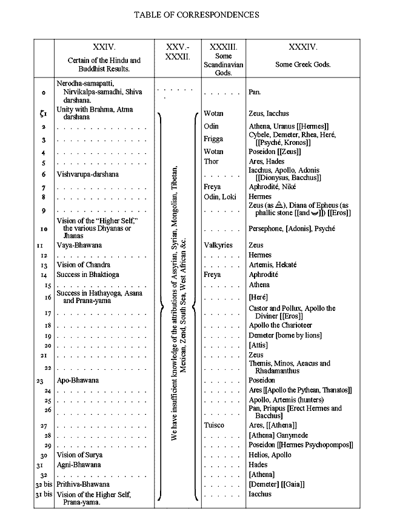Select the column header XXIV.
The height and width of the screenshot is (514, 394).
pos(104,47)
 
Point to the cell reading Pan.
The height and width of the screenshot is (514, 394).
pos(254,94)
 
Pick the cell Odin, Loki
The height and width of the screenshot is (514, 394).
pos(219,197)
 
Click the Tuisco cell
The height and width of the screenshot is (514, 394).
pos(214,426)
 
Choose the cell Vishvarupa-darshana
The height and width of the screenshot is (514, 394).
pos(87,174)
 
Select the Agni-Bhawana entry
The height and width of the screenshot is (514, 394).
pos(78,465)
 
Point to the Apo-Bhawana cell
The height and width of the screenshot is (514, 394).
pos(77,381)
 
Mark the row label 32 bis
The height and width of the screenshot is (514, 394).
pos(42,485)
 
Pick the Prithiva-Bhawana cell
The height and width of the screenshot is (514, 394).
pos(83,484)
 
